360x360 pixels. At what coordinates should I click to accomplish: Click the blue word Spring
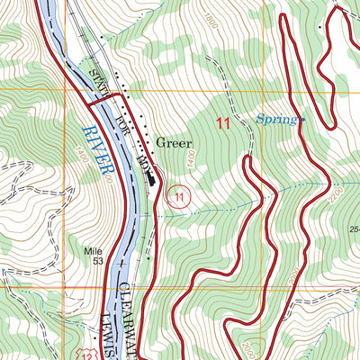point(276,119)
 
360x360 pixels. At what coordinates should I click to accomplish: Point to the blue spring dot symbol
point(303,119)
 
